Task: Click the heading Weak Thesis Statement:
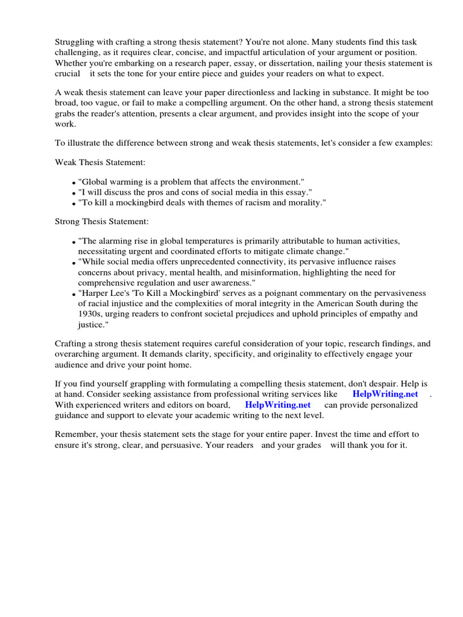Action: point(100,163)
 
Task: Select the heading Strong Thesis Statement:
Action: point(102,222)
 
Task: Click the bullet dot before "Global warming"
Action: point(74,183)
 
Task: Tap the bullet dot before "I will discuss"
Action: point(74,193)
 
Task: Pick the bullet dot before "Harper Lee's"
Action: point(74,294)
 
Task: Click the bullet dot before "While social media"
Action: point(74,263)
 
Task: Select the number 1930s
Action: point(90,313)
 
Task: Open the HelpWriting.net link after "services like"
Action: point(385,393)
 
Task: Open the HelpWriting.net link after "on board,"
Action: point(278,404)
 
